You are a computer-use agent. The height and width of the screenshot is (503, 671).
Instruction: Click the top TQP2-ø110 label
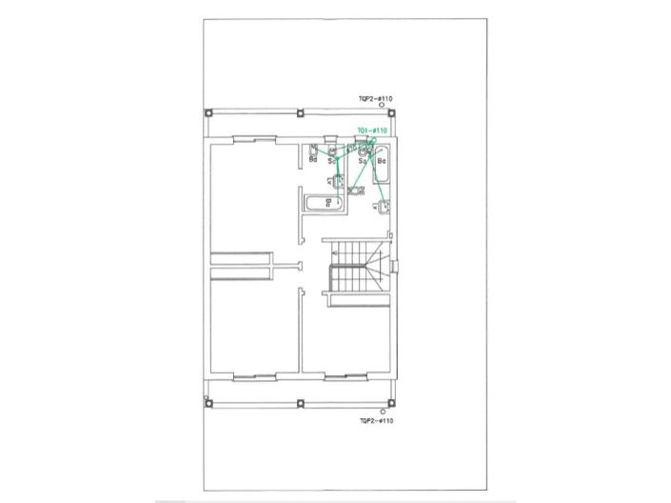pyautogui.click(x=376, y=98)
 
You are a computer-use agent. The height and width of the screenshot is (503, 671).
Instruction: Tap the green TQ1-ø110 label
pyautogui.click(x=372, y=131)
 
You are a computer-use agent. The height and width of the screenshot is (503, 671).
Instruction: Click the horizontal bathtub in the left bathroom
pyautogui.click(x=323, y=202)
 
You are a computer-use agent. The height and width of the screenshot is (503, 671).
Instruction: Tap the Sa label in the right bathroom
pyautogui.click(x=362, y=161)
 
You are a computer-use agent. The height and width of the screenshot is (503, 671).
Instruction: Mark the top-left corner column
pyautogui.click(x=208, y=112)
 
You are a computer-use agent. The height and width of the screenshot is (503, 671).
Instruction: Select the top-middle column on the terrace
pyautogui.click(x=301, y=112)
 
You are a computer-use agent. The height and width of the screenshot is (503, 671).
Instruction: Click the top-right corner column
pyautogui.click(x=396, y=112)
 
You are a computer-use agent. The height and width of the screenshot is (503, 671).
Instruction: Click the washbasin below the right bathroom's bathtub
pyautogui.click(x=383, y=206)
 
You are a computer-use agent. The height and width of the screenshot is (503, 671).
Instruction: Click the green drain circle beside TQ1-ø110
pyautogui.click(x=374, y=140)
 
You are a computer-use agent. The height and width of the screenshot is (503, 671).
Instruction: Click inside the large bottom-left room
pyautogui.click(x=251, y=328)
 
